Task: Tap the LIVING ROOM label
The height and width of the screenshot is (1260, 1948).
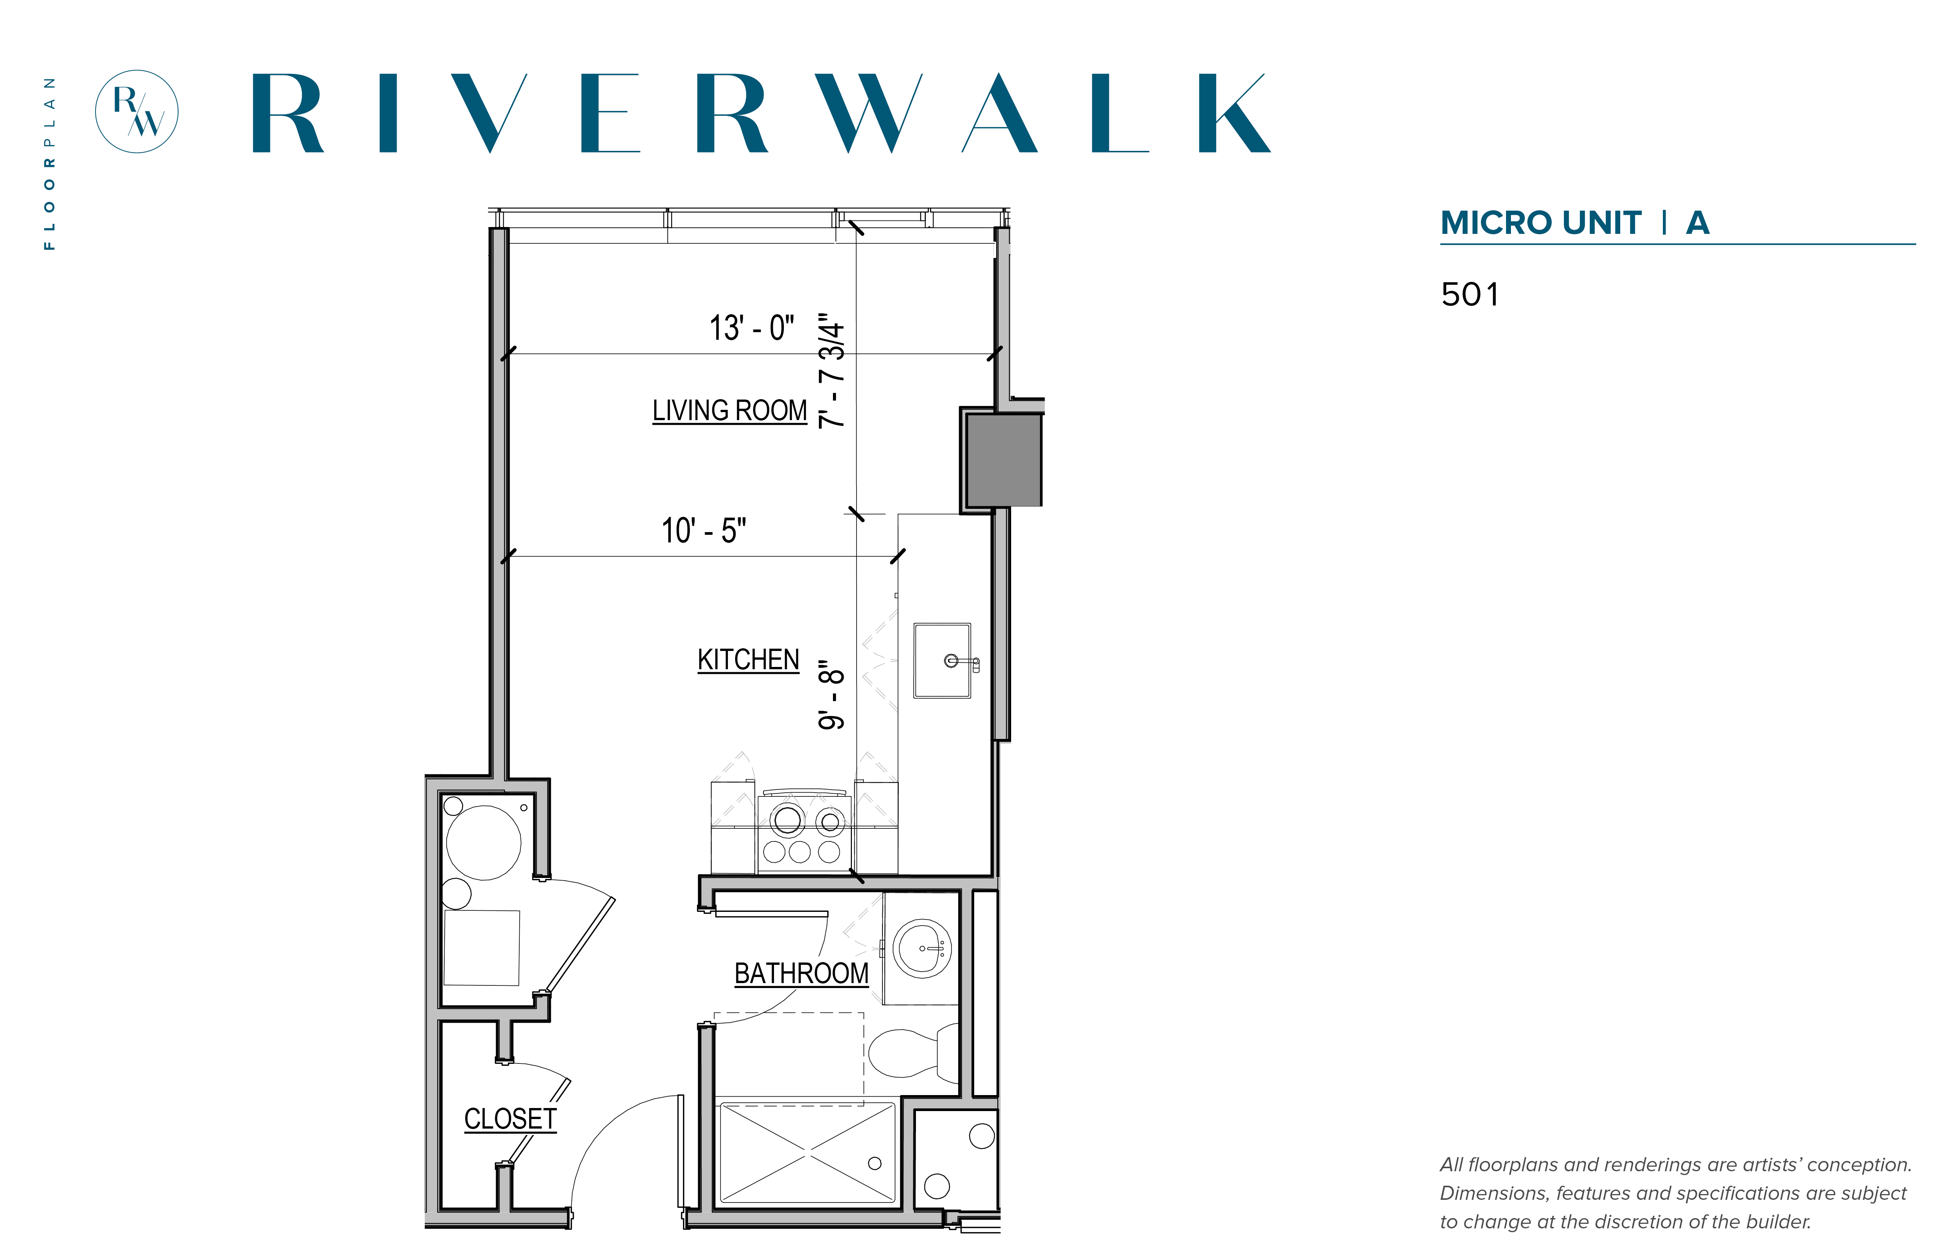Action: point(729,410)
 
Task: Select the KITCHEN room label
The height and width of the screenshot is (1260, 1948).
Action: point(748,659)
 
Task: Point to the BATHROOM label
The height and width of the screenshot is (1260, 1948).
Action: point(801,973)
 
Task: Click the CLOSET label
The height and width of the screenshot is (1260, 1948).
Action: point(510,1118)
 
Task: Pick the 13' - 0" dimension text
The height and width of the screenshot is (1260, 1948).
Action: point(751,328)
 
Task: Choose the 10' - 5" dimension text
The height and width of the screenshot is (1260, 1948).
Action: point(704,530)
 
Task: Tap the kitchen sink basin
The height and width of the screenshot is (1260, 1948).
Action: point(942,660)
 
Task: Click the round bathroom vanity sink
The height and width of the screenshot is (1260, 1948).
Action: point(922,948)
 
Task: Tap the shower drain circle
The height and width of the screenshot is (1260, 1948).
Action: point(874,1164)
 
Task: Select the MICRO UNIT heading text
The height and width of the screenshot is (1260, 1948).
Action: point(1541,222)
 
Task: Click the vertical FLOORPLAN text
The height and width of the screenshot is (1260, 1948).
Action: point(50,164)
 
